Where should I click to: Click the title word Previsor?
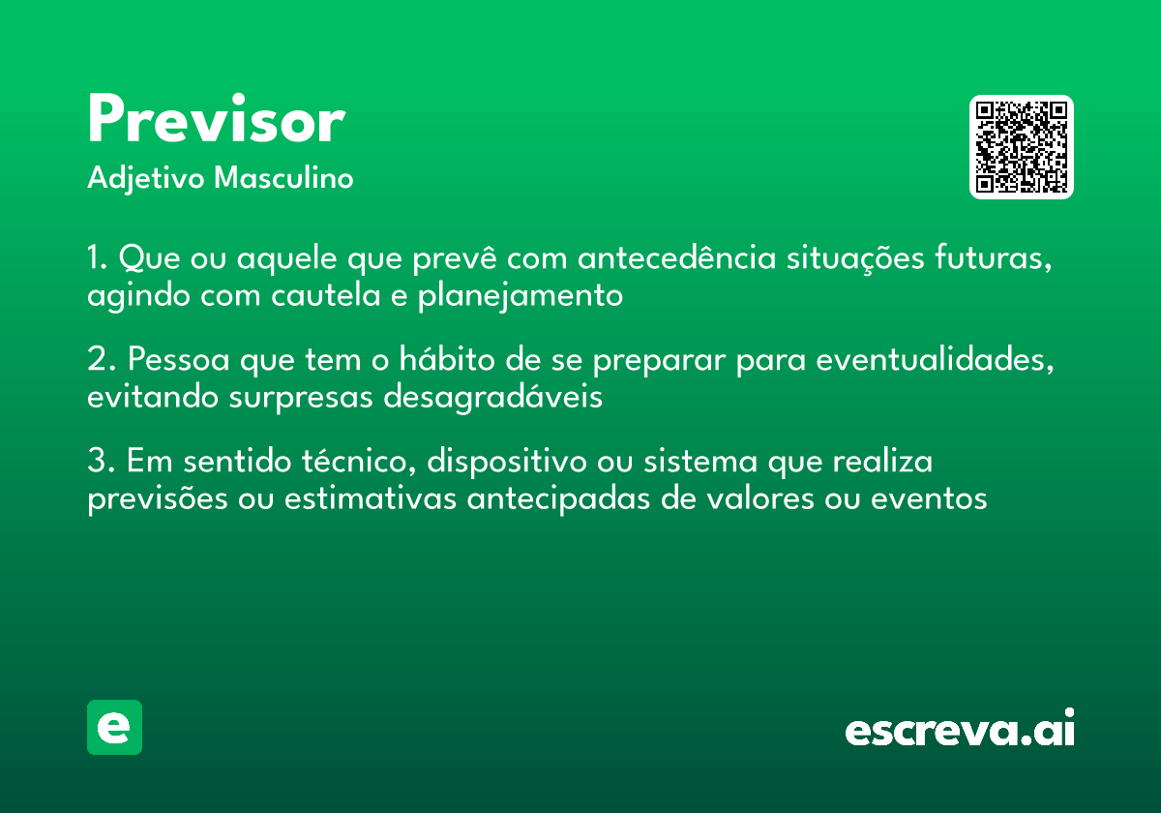(216, 122)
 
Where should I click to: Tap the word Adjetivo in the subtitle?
(146, 179)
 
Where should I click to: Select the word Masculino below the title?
(283, 179)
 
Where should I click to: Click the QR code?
(1022, 147)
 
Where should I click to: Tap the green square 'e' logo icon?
(114, 727)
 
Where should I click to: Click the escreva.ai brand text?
(960, 730)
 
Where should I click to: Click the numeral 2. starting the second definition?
(101, 360)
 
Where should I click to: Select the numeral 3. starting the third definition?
(101, 462)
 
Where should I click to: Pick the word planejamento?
(520, 296)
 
